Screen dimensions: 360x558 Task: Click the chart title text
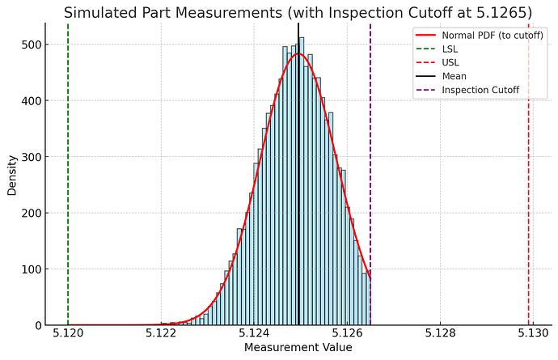point(298,13)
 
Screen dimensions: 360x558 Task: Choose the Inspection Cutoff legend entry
point(480,90)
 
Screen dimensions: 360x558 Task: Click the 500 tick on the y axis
point(33,44)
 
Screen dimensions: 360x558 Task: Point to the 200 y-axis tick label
point(33,213)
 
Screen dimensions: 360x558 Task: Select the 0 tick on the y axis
point(39,325)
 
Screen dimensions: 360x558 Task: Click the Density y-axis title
point(12,175)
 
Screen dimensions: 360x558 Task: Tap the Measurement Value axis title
point(298,349)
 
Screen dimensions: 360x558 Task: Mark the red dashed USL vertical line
point(529,202)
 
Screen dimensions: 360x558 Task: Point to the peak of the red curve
point(298,54)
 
